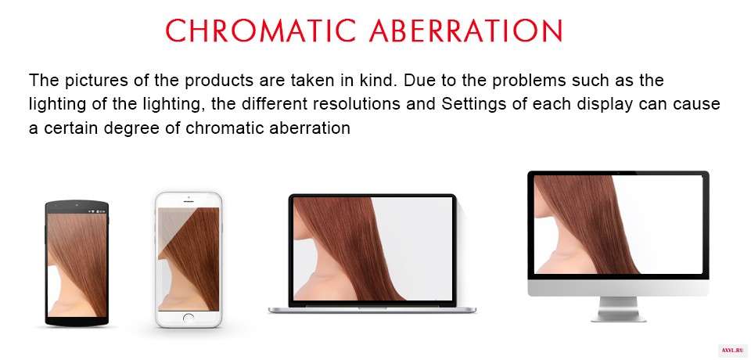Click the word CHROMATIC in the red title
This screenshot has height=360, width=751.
[261, 31]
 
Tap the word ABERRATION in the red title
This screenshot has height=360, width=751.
[466, 31]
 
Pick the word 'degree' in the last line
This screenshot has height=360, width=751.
[120, 128]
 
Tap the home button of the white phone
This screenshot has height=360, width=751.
[189, 318]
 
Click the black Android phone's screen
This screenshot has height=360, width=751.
[77, 265]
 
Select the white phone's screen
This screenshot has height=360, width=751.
[189, 259]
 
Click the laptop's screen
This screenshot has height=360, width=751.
[372, 249]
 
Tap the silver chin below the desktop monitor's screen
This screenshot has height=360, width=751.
[618, 288]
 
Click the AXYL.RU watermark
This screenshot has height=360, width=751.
[733, 351]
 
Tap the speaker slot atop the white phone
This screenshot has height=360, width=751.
[189, 201]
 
